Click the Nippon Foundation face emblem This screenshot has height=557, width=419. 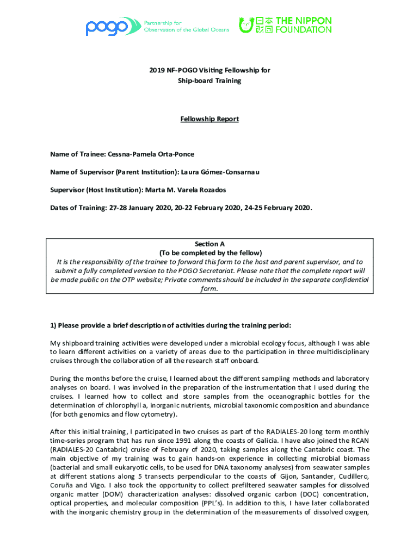[247, 25]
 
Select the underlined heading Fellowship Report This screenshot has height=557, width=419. [209, 119]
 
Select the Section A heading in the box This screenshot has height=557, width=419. [209, 244]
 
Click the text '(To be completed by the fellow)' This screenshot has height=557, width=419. [209, 253]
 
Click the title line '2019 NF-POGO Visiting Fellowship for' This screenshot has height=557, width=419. [209, 71]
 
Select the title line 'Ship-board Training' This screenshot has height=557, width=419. [209, 81]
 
